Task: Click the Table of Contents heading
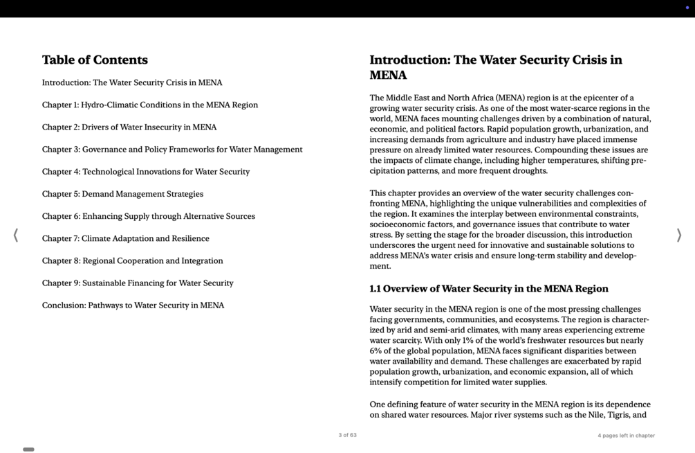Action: [x=95, y=60]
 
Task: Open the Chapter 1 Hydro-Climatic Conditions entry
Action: [x=149, y=105]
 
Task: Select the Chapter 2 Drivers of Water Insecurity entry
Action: [x=129, y=127]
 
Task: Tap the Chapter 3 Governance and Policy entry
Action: [x=172, y=150]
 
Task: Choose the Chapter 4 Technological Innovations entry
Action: [x=145, y=172]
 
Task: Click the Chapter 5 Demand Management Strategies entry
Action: [x=122, y=194]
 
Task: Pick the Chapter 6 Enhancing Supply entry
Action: [x=148, y=216]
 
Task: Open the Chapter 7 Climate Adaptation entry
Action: [x=125, y=238]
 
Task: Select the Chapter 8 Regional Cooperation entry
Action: [x=132, y=261]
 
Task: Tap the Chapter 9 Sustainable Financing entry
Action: [x=138, y=283]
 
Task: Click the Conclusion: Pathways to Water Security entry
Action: [x=133, y=305]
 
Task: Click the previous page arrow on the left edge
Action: [x=15, y=236]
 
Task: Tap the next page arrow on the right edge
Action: [x=679, y=236]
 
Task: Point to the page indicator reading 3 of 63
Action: [x=347, y=436]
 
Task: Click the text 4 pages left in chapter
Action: [x=626, y=436]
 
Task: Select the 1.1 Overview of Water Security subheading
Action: [x=488, y=289]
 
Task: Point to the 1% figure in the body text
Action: [x=466, y=341]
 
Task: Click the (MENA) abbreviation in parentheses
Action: [x=510, y=98]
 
